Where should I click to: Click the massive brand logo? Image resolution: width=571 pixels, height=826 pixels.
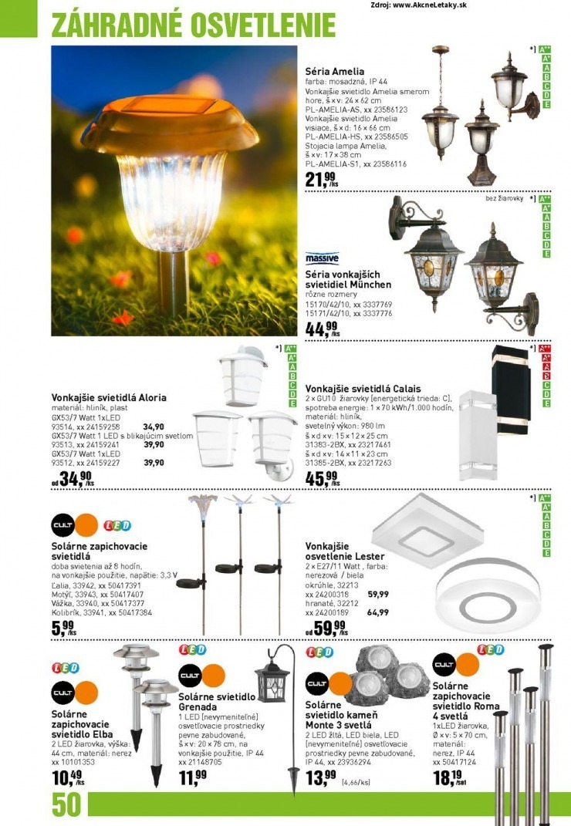click(x=322, y=258)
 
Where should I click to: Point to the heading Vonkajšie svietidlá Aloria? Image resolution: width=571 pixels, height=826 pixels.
click(x=109, y=397)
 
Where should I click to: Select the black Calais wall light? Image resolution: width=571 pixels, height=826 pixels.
click(x=510, y=380)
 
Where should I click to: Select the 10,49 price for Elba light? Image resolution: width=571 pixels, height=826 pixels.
click(x=67, y=777)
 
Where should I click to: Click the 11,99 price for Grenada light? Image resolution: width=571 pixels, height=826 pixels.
click(x=193, y=776)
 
